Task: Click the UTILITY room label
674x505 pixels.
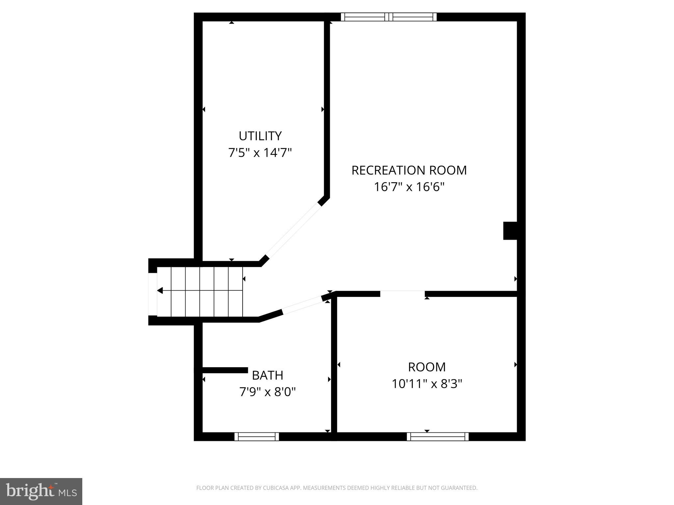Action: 260,136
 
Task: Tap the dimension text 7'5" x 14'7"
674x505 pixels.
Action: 260,153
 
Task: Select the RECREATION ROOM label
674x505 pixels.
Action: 409,170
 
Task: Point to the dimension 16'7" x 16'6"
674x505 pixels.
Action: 409,187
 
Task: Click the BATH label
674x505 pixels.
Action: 267,375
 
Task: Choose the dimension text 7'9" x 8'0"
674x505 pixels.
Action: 267,392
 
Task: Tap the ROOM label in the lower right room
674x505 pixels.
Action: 427,367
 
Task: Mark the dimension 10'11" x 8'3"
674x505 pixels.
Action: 427,384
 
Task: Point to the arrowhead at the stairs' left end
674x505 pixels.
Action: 160,291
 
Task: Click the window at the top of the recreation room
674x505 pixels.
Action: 388,17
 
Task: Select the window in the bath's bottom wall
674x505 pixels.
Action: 256,437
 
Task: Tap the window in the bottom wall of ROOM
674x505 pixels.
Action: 437,437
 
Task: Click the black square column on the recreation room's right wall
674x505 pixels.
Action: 510,231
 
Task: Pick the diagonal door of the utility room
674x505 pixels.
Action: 294,230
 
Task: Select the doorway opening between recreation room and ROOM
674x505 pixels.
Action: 402,294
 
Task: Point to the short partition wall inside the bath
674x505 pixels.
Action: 225,370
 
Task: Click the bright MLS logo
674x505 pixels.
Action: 41,491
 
